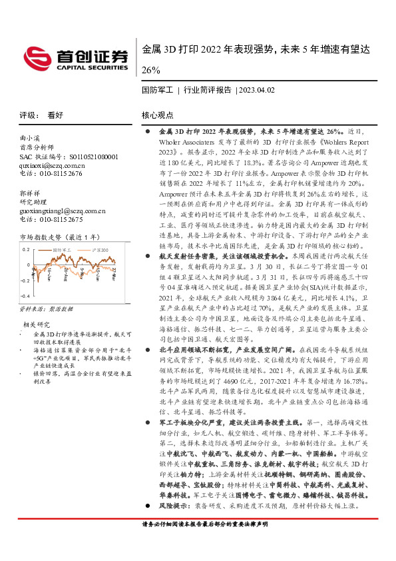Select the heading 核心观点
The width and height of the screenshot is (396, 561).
coord(158,115)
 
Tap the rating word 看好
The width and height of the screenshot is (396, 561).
coord(55,115)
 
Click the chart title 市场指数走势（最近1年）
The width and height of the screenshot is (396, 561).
coord(59,237)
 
